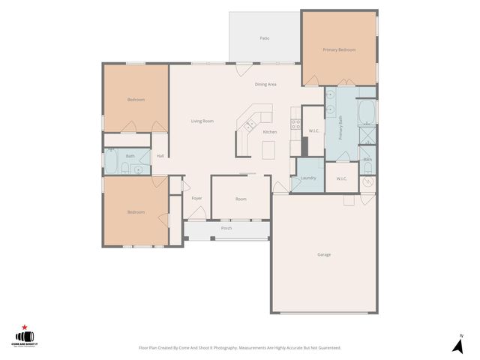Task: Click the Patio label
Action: [264, 37]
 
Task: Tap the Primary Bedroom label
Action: [339, 49]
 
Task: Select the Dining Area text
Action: [265, 84]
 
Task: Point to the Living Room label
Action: [202, 121]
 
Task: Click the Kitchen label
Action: [270, 132]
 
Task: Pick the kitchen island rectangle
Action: [268, 149]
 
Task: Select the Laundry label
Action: [307, 178]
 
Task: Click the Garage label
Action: [323, 254]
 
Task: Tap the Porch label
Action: [226, 228]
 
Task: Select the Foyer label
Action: [196, 198]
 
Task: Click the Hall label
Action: [160, 156]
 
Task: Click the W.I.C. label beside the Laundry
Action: [341, 178]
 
